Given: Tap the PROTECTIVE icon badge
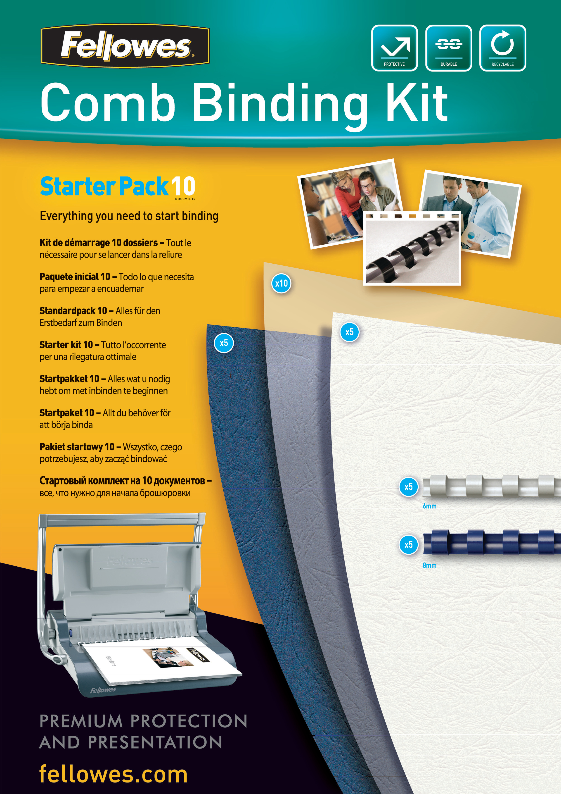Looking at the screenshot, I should [x=394, y=48].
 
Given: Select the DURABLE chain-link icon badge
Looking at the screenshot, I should [x=448, y=48].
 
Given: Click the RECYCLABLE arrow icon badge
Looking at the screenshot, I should [x=503, y=48].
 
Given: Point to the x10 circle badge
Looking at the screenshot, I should [x=281, y=284].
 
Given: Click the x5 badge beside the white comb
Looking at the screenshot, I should [x=409, y=487].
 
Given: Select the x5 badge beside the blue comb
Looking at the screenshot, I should [x=409, y=545].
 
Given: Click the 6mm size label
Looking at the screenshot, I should [x=429, y=506].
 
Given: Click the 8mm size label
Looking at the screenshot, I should [x=429, y=565].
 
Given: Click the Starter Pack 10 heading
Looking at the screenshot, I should [x=118, y=187].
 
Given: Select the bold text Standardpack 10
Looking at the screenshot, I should [x=73, y=311].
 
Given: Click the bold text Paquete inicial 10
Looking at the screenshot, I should [x=75, y=277].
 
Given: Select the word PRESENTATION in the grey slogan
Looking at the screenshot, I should [x=155, y=742].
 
